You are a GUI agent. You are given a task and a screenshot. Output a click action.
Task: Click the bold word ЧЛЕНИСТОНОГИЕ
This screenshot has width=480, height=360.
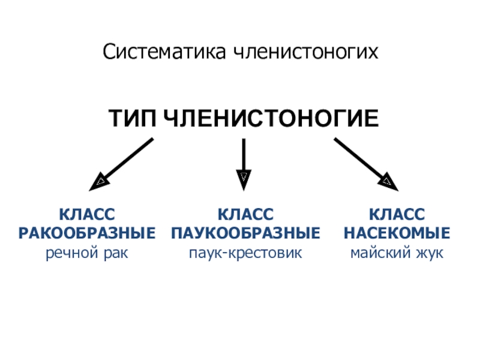[271, 118]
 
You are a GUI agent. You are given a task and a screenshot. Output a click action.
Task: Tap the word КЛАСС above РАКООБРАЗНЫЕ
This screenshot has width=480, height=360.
[88, 214]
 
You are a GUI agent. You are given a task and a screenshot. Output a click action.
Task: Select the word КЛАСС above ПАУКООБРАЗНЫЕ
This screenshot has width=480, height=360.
[245, 214]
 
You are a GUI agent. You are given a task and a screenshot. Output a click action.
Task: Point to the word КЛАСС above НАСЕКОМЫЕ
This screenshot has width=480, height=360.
[396, 214]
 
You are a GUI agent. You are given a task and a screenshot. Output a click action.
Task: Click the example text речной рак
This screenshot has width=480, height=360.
[88, 253]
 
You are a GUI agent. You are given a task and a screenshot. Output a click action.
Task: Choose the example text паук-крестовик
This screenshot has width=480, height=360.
[245, 253]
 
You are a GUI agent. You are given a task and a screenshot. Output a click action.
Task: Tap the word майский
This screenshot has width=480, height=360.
[378, 253]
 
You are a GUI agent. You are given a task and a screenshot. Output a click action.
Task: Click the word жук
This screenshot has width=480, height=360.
[427, 253]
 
